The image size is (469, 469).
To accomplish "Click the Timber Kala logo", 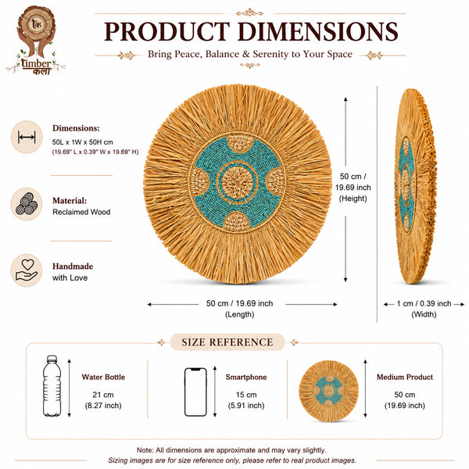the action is pyautogui.click(x=36, y=41).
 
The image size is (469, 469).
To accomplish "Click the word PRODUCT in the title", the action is pyautogui.click(x=167, y=31).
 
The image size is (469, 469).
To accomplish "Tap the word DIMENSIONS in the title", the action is pyautogui.click(x=317, y=31).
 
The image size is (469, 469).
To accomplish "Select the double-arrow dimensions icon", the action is pyautogui.click(x=27, y=138).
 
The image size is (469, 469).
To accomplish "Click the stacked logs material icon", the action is pyautogui.click(x=27, y=204).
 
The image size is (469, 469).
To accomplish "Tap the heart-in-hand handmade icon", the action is pyautogui.click(x=27, y=270).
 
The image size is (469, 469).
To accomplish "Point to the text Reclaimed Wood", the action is pyautogui.click(x=81, y=212).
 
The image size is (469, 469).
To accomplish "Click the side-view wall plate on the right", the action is pyautogui.click(x=416, y=186).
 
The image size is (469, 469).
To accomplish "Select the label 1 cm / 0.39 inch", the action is pyautogui.click(x=424, y=303).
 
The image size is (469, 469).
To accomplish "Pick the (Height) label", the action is pyautogui.click(x=353, y=199).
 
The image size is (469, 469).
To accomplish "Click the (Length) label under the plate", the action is pyautogui.click(x=240, y=314).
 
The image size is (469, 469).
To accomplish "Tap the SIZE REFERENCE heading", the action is pyautogui.click(x=227, y=342).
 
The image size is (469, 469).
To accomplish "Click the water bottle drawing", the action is pyautogui.click(x=52, y=386).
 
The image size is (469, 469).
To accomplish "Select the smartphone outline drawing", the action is pyautogui.click(x=195, y=392).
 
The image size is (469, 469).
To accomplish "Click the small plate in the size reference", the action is pyautogui.click(x=328, y=391).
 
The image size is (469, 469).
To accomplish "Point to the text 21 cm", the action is pyautogui.click(x=103, y=395).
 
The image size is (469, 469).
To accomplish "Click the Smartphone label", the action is pyautogui.click(x=246, y=378).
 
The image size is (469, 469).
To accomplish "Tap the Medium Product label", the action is pyautogui.click(x=405, y=378).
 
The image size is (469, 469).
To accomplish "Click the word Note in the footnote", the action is pyautogui.click(x=145, y=450).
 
